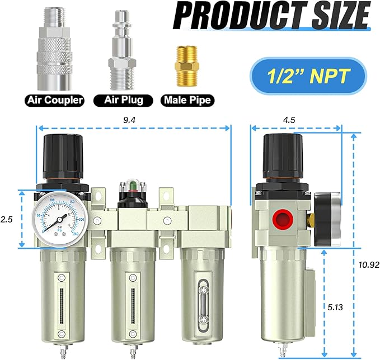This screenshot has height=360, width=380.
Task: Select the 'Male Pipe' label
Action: pyautogui.click(x=187, y=101)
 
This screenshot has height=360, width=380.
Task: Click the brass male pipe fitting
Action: pyautogui.click(x=187, y=65)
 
